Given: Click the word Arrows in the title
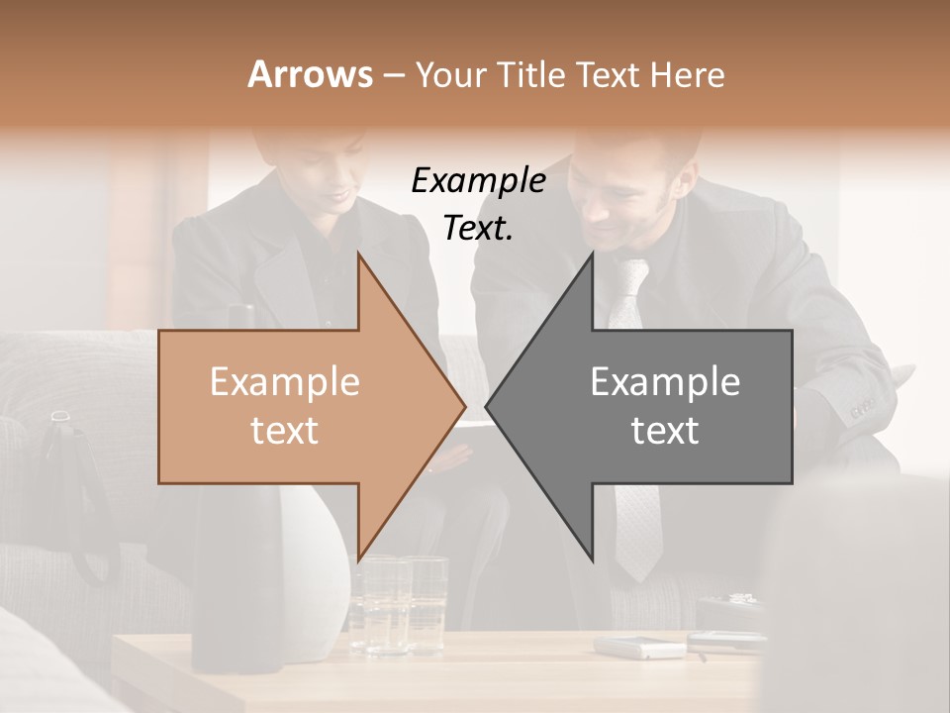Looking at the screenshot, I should click(x=310, y=74).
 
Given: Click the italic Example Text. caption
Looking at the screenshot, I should click(x=478, y=204).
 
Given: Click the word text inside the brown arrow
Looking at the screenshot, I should click(x=284, y=431).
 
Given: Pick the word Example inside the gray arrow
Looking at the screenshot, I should click(x=665, y=381).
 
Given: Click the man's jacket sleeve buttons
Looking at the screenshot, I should click(x=861, y=406).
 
